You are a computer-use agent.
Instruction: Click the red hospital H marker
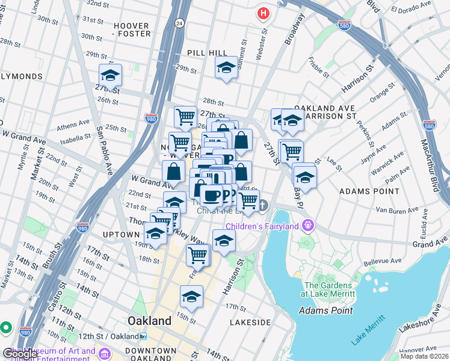[x=263, y=13]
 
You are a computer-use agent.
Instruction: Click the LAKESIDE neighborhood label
[x=251, y=322]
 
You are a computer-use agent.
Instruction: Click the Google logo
[x=20, y=354]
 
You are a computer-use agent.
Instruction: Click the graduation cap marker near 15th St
[x=191, y=296]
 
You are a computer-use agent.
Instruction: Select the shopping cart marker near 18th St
[x=197, y=255]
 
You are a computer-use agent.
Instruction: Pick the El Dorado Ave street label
[x=412, y=10]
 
